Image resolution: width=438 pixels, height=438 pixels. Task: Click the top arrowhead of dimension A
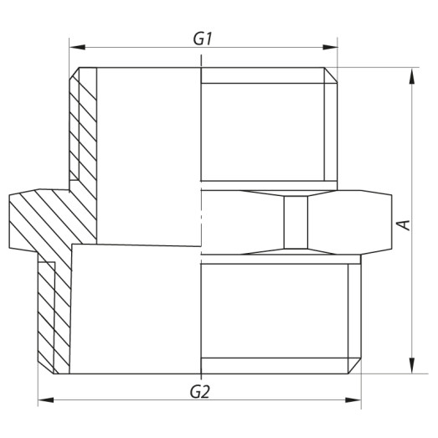pos(411,74)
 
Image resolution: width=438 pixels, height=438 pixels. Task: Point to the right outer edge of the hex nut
pos(394,221)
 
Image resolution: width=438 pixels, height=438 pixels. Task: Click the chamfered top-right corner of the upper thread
pos(332,75)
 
